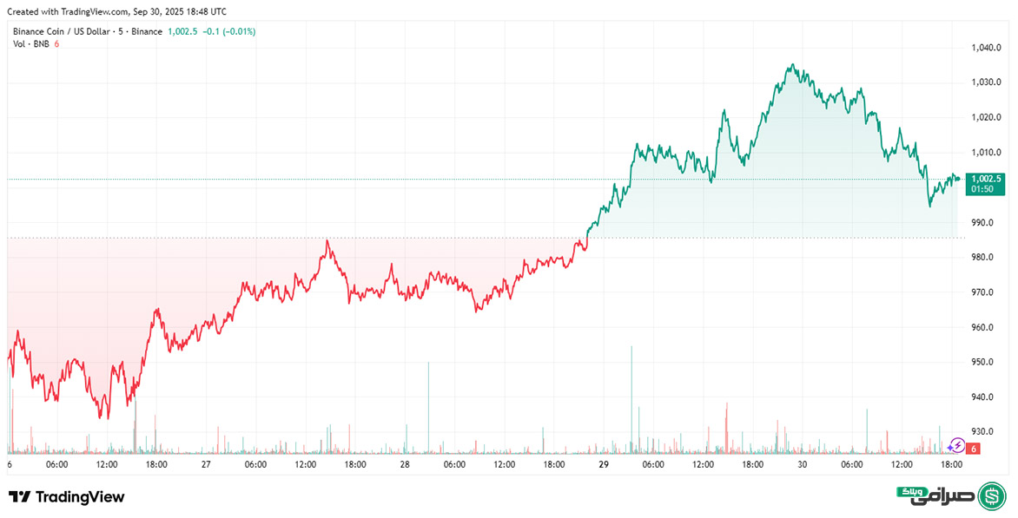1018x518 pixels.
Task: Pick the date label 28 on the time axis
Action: pyautogui.click(x=405, y=465)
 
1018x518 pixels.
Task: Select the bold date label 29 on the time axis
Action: pyautogui.click(x=604, y=465)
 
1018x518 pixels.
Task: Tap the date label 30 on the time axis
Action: pyautogui.click(x=803, y=465)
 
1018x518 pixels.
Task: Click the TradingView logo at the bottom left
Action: pyautogui.click(x=67, y=497)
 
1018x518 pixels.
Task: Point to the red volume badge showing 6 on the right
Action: pyautogui.click(x=975, y=449)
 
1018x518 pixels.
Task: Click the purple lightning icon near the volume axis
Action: pyautogui.click(x=955, y=446)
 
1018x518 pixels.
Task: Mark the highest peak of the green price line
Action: pyautogui.click(x=791, y=64)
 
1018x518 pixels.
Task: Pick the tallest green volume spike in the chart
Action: pyautogui.click(x=631, y=347)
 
